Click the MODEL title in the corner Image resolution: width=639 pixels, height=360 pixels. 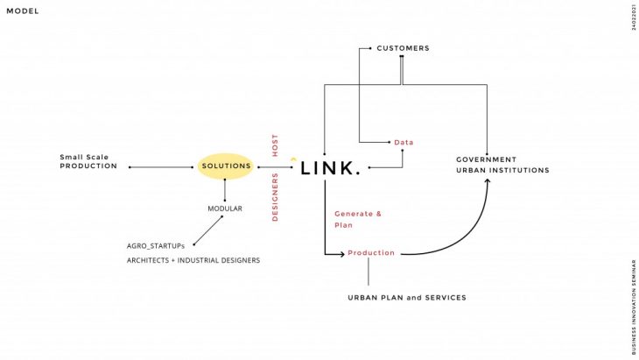point(23,11)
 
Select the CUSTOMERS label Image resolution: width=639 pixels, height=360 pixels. point(403,48)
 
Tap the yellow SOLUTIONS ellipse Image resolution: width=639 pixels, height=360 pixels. point(226,166)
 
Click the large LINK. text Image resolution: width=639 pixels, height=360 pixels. point(329,168)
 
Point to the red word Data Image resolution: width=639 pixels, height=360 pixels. point(404,142)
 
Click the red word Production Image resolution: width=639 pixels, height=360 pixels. point(371,253)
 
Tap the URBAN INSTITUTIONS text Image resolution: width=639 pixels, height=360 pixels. point(502,170)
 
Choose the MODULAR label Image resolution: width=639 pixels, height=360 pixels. point(225,208)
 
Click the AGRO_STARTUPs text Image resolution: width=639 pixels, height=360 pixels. point(156,246)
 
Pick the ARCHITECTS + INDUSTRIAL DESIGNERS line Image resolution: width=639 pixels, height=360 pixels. point(193,260)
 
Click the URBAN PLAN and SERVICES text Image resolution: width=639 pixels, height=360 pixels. point(407,298)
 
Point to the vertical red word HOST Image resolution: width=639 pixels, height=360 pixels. point(275,145)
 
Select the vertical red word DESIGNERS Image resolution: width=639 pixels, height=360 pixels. point(275,197)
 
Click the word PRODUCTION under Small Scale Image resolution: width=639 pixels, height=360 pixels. point(88,166)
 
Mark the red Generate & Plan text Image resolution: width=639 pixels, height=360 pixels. point(358,219)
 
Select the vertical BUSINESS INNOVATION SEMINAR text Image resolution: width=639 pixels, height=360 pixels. point(633,306)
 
